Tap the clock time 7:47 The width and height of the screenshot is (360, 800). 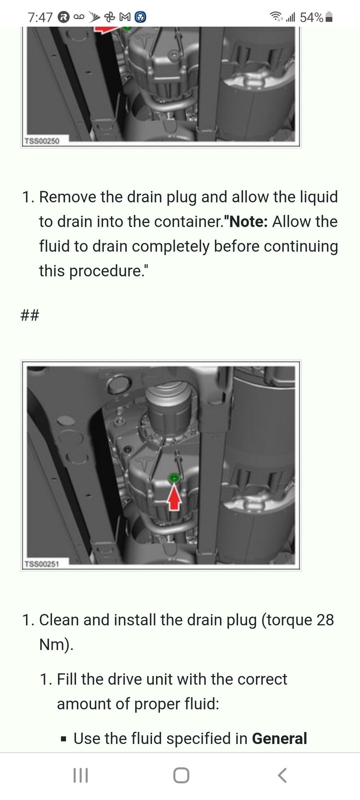40,17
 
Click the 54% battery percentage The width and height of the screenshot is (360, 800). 311,17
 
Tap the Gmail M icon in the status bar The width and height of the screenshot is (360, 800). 125,17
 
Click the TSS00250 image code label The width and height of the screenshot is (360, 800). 42,141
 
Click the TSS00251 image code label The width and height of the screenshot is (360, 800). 42,564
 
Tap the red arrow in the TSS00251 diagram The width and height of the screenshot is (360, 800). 174,496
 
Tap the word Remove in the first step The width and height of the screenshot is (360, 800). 68,197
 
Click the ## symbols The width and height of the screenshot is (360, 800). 30,316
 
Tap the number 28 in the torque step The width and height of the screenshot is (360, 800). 325,620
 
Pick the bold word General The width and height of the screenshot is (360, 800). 280,738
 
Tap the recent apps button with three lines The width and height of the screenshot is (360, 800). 80,775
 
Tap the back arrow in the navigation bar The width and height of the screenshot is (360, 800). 282,775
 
